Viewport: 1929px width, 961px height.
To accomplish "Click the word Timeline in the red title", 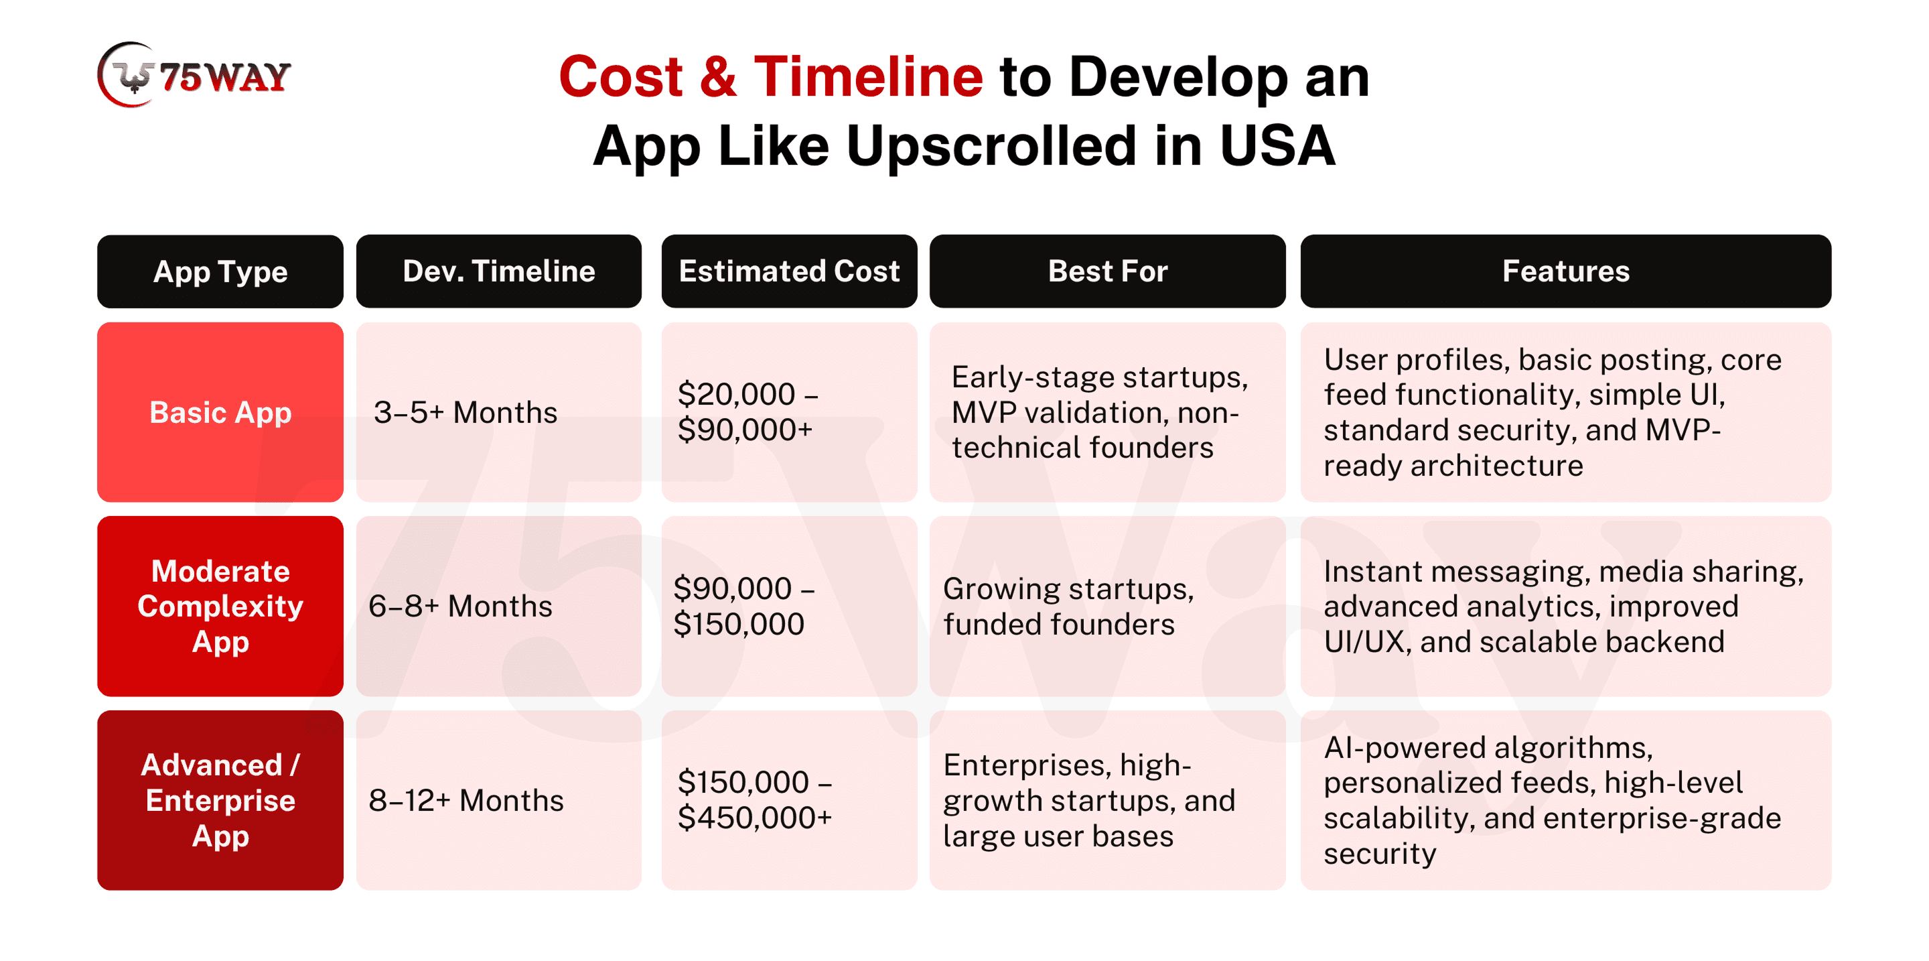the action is click(868, 76).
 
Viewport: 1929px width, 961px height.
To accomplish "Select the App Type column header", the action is click(220, 271).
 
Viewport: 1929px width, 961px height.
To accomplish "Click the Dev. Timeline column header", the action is click(499, 271).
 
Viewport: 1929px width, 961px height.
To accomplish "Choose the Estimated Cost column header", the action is click(789, 271).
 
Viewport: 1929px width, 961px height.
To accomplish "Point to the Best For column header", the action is click(1108, 271).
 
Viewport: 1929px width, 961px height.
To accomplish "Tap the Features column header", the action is click(1566, 271).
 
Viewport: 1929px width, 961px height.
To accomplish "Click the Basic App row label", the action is click(220, 412).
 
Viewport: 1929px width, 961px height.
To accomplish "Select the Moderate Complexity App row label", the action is click(220, 606).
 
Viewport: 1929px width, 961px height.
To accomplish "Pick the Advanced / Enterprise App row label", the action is click(220, 800).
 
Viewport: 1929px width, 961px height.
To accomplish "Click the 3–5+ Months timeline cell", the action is click(499, 412).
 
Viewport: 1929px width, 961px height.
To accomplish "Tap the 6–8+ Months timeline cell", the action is click(499, 606).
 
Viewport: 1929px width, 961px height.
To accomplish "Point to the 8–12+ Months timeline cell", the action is click(499, 800).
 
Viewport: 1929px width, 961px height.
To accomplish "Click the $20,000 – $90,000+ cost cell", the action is click(789, 412).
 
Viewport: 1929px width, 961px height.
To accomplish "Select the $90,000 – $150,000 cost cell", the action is click(789, 606).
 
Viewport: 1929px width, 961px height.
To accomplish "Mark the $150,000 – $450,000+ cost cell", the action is click(789, 800).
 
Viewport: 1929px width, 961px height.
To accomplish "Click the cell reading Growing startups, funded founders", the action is click(1108, 606).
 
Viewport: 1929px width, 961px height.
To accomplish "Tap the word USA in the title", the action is click(1277, 145).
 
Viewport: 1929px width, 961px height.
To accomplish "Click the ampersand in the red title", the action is click(718, 76).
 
